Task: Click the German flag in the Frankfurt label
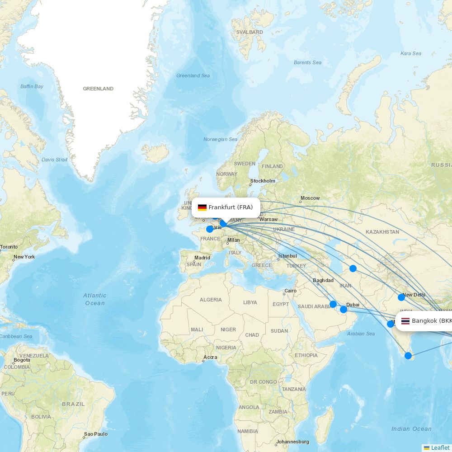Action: coord(202,207)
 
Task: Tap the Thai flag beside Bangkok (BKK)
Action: coord(405,321)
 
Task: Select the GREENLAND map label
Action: coord(98,89)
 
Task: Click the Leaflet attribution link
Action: coord(440,447)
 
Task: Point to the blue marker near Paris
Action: coord(210,229)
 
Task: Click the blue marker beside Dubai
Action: coord(344,310)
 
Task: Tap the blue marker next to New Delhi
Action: coord(401,297)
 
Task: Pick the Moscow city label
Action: coord(310,198)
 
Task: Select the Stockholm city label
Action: coord(262,181)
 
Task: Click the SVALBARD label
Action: coord(250,33)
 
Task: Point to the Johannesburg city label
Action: coord(292,442)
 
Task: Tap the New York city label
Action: coord(24,257)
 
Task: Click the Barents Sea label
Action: coord(307,62)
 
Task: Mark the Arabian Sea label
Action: coord(361,334)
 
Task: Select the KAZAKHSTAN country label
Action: coord(382,232)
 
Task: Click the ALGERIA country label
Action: coord(211,300)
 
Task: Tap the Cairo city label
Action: coord(290,291)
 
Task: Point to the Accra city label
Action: coord(210,357)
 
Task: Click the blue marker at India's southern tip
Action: coord(408,356)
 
